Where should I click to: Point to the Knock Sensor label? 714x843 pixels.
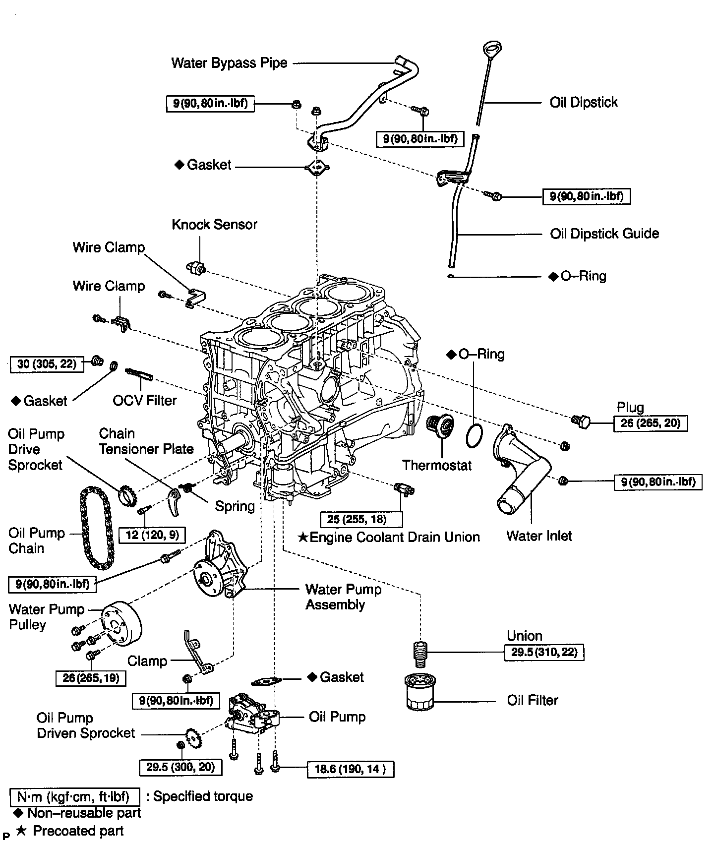(x=214, y=225)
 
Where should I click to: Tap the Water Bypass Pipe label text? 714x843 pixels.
(x=229, y=63)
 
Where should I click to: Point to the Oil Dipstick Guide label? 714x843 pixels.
(x=604, y=234)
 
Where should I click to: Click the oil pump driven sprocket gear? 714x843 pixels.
(x=193, y=738)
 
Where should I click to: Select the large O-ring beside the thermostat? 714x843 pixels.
(x=475, y=435)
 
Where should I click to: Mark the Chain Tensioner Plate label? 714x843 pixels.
(x=146, y=441)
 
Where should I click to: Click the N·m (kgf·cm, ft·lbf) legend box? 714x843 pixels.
(x=74, y=797)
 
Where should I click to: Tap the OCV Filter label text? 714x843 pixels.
(x=144, y=400)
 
